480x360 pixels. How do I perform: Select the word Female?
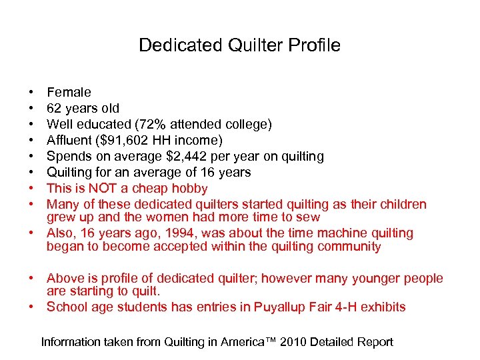click(x=69, y=92)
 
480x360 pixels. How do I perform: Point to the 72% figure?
click(x=155, y=124)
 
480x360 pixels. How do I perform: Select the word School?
click(x=67, y=307)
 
